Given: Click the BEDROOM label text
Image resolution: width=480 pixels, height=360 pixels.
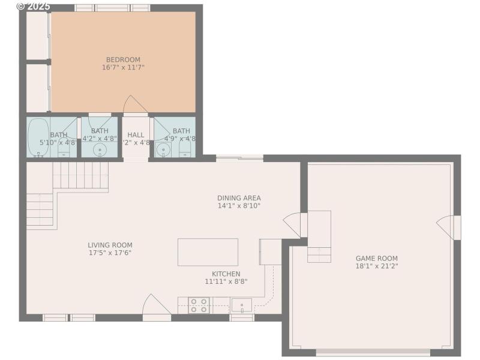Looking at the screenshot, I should pyautogui.click(x=123, y=59).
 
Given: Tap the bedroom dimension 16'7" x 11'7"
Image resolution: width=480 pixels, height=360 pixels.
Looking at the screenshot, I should pyautogui.click(x=123, y=68).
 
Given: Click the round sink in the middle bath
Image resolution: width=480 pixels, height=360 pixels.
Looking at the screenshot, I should pyautogui.click(x=100, y=149).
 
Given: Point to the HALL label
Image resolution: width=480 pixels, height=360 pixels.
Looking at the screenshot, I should pyautogui.click(x=136, y=135).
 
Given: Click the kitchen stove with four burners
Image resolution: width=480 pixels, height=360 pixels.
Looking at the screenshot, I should pyautogui.click(x=199, y=305).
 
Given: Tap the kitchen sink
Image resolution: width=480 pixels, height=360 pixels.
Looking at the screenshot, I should pyautogui.click(x=242, y=305).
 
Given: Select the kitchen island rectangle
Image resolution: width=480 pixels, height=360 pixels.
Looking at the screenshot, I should pyautogui.click(x=208, y=252).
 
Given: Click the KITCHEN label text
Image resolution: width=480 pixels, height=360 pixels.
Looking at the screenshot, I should pyautogui.click(x=226, y=274).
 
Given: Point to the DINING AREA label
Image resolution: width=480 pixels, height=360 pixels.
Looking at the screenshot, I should pyautogui.click(x=239, y=198).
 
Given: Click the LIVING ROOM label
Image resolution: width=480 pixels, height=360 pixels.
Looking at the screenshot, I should pyautogui.click(x=110, y=245).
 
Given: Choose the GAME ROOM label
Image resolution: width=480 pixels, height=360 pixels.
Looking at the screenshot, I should pyautogui.click(x=376, y=258).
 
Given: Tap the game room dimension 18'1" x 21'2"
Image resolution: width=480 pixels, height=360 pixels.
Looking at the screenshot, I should pyautogui.click(x=376, y=266).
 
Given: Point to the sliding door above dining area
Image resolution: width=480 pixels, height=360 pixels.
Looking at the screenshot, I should pyautogui.click(x=239, y=158).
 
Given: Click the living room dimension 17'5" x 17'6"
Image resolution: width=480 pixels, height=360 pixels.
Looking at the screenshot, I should pyautogui.click(x=110, y=253).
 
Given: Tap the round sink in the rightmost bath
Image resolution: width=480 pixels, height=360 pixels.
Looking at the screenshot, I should pyautogui.click(x=163, y=149).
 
